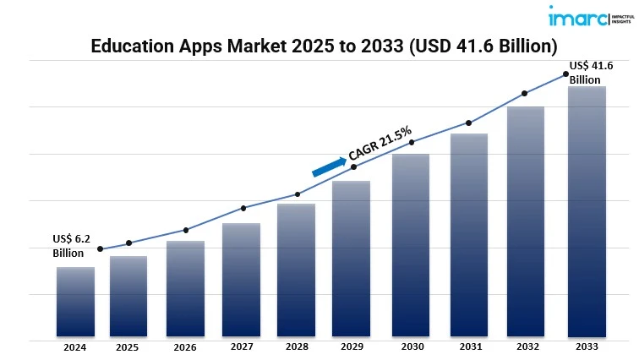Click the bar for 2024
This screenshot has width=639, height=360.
point(75,302)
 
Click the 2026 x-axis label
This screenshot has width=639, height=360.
point(185,347)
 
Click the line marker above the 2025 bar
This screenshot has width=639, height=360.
point(128,243)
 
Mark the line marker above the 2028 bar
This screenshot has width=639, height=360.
point(297,194)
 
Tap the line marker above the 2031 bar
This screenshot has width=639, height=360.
point(467,123)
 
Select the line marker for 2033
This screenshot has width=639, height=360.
point(565,74)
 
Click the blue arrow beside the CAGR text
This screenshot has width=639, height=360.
point(329,165)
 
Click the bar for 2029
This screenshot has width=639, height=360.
point(352,259)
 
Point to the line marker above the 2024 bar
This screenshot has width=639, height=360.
point(101,248)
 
